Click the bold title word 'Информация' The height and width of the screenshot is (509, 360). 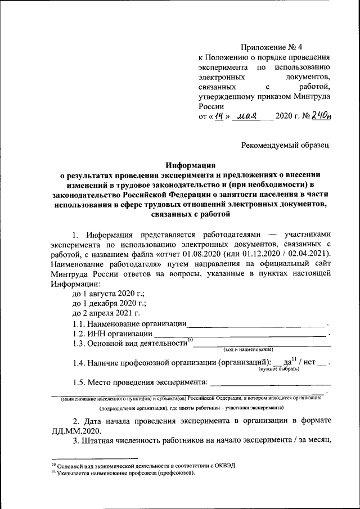191,165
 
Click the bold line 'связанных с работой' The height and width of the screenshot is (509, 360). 191,214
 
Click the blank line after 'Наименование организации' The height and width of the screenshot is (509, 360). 256,325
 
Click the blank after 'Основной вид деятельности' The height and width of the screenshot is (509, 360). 262,344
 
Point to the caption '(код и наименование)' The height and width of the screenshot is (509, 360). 248,350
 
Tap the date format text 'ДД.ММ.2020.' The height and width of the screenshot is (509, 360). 76,431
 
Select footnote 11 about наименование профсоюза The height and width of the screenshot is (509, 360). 123,474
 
